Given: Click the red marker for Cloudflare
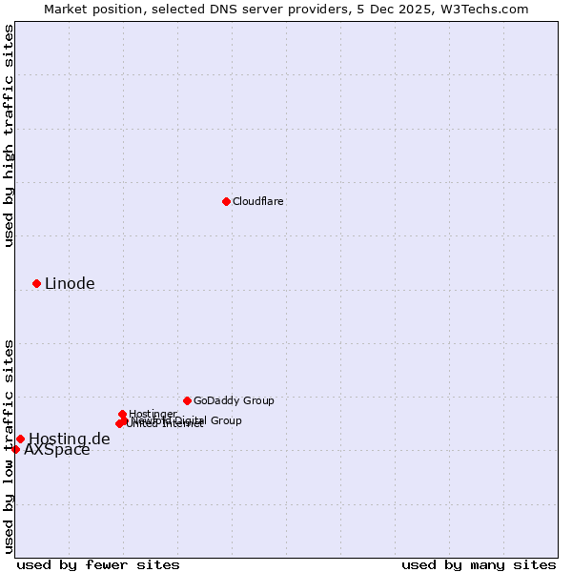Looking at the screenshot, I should coord(226,201).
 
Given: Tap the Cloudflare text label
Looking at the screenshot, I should coord(258,201).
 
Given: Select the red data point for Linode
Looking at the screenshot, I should coord(36,283).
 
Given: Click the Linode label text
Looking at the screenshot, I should coord(70,283).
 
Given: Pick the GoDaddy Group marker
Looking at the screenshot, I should coord(187,400).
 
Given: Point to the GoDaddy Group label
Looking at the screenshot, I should coord(234,400).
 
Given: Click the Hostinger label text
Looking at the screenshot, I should coord(153,414).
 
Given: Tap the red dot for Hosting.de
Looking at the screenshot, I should coord(20,439).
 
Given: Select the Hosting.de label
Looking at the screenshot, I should coord(69,439).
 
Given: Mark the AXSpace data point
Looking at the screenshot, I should coord(15,449).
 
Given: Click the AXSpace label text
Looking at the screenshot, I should coord(57,450).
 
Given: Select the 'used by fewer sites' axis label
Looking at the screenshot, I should coord(98,564).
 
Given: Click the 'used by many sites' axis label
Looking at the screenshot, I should coord(479,564).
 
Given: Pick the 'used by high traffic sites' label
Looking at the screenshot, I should coord(9,135).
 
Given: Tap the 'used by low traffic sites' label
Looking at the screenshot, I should coord(9,445).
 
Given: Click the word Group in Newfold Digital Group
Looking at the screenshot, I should coord(225,420).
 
